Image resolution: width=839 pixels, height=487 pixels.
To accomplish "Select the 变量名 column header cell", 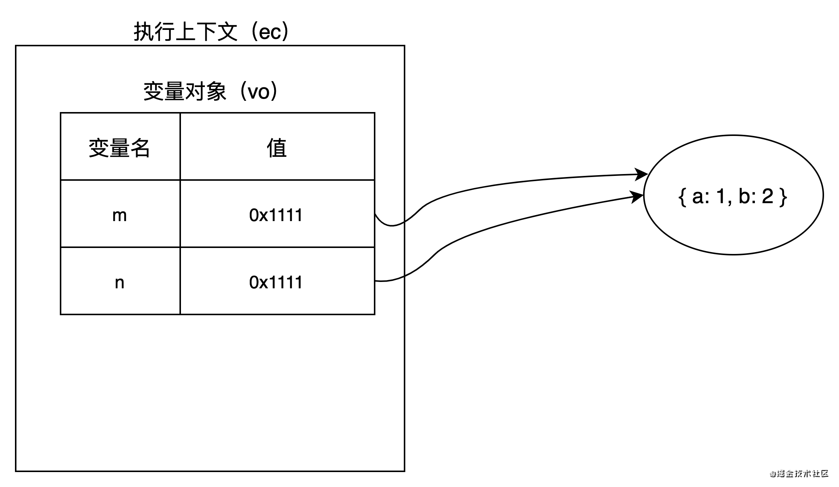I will pos(120,147).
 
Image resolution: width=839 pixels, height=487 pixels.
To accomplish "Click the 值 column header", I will pos(277,147).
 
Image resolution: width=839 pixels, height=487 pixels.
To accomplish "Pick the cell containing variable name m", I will pos(120,215).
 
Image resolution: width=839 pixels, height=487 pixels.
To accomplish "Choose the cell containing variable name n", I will pos(120,282).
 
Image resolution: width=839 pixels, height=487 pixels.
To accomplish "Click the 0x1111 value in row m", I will pos(276,215).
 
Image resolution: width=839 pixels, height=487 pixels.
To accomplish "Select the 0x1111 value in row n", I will pos(276,282).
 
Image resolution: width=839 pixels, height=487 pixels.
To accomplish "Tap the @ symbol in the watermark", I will pos(772,473).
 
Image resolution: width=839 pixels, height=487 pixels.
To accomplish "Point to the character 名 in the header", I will pos(140,148).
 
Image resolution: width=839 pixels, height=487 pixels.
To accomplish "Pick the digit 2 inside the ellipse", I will pos(768,196).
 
